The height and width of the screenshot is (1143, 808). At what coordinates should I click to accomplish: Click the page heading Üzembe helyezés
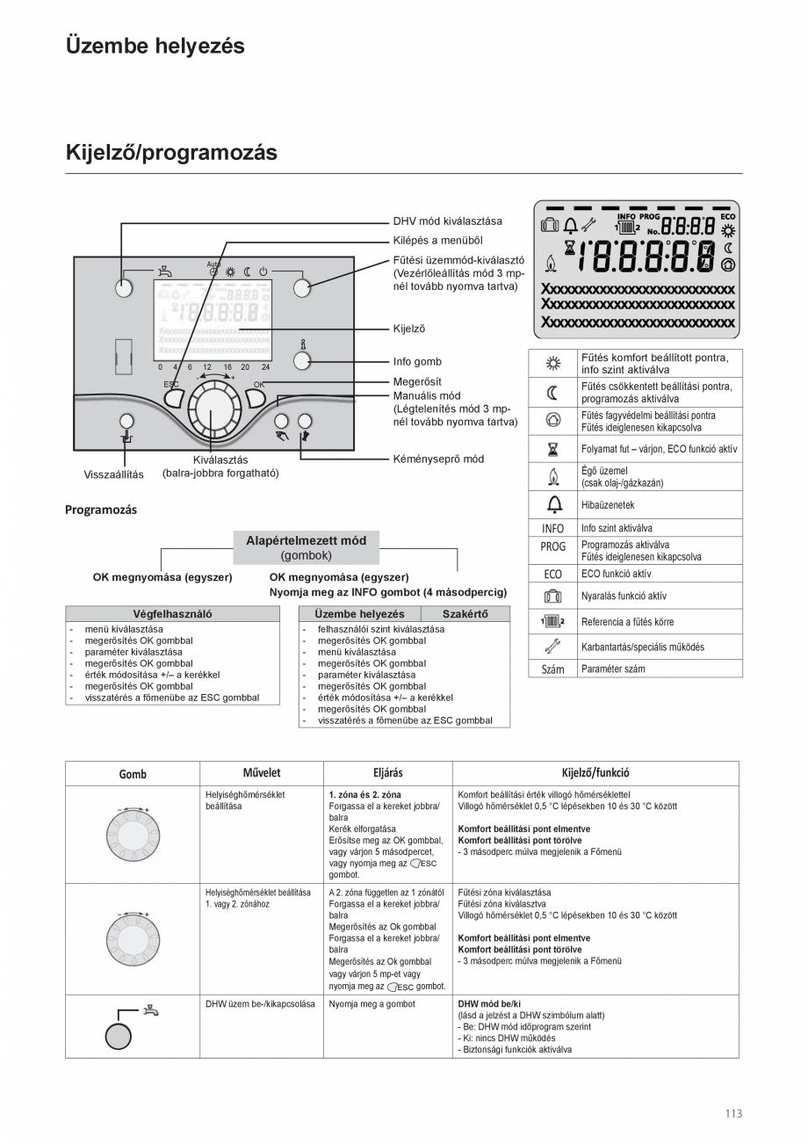155,47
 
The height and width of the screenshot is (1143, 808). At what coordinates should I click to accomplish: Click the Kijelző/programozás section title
171,153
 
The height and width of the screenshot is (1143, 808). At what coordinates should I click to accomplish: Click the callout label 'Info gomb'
417,361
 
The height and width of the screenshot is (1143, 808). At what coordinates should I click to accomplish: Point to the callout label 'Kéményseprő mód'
437,459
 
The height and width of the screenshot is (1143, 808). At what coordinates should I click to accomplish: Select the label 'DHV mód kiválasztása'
447,221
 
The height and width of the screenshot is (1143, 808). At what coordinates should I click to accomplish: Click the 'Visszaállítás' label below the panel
113,474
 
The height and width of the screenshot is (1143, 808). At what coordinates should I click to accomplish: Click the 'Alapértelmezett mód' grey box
306,547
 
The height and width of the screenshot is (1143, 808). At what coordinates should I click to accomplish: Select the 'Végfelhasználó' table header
172,614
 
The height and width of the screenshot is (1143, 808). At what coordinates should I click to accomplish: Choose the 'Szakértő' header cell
465,614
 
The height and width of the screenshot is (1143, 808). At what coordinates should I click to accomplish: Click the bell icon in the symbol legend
553,505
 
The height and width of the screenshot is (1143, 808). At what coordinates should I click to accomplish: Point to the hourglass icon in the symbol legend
553,449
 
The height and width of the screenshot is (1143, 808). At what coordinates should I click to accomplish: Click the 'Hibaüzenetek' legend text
608,505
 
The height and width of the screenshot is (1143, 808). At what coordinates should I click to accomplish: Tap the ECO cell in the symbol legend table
553,574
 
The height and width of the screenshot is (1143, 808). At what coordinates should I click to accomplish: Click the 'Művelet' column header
262,773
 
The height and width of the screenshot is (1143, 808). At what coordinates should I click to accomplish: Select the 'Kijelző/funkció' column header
595,773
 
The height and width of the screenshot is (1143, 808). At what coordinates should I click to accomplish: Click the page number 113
733,1113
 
